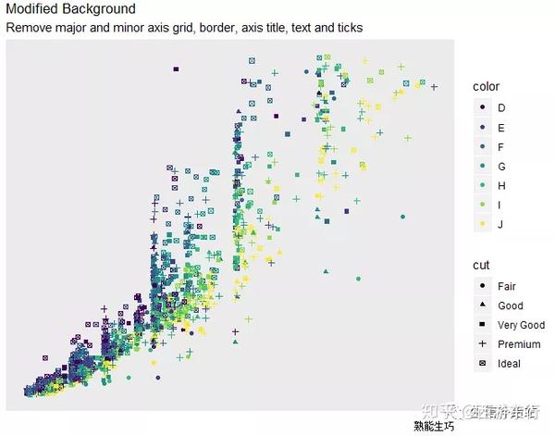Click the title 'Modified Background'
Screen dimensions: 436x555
pos(70,9)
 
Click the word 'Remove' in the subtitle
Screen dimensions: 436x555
pos(29,28)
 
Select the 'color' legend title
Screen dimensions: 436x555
pos(486,86)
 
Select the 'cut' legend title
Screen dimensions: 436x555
pos(480,265)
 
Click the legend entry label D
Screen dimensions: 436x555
pos(501,108)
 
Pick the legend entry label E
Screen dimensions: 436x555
pos(501,128)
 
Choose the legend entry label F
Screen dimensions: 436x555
pos(501,147)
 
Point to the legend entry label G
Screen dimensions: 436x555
pos(501,167)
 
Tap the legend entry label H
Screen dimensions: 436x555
pos(501,186)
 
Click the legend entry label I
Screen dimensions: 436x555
pos(500,206)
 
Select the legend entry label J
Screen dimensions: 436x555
pos(500,225)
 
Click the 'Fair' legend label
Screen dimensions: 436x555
pos(507,286)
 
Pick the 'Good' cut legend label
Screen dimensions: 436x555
pos(510,305)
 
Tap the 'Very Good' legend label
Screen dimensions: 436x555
pos(521,325)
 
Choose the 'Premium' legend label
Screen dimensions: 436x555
pos(519,344)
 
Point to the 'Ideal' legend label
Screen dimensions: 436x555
pos(509,364)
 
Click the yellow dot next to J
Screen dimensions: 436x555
pos(482,225)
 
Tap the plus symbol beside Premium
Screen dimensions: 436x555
pos(482,344)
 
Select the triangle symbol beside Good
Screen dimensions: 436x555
pos(482,305)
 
